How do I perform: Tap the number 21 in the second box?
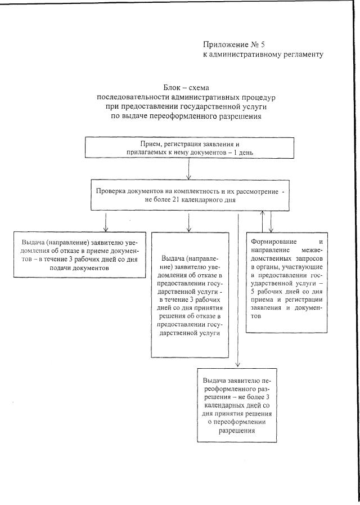[x=169, y=200]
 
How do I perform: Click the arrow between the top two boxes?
[x=189, y=169]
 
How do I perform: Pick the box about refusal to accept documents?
[x=80, y=254]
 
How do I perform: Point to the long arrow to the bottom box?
[x=238, y=293]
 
